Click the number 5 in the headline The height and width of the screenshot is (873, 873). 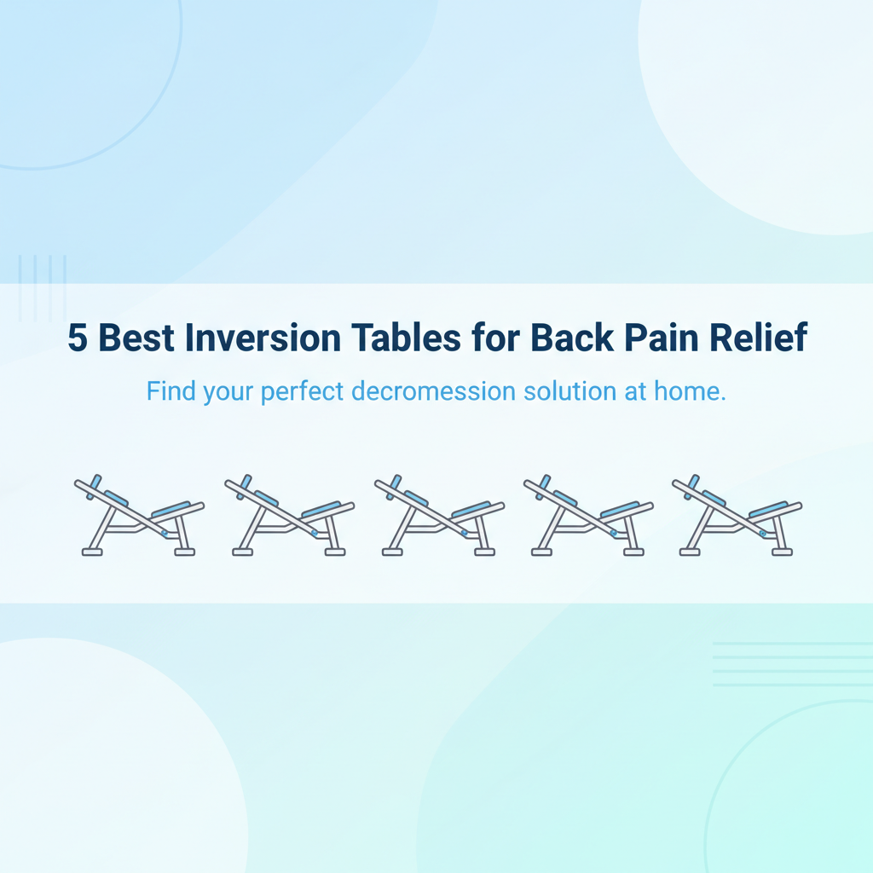(x=78, y=338)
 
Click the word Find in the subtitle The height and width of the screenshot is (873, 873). (x=171, y=392)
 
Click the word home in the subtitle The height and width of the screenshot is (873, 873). (x=691, y=392)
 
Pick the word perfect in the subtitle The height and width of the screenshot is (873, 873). (x=306, y=393)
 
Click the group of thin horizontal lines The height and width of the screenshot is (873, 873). (x=792, y=664)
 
